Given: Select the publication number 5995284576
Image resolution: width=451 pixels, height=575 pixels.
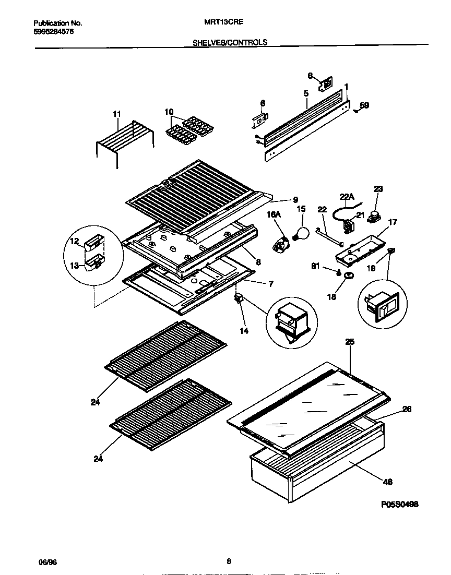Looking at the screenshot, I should (x=53, y=31).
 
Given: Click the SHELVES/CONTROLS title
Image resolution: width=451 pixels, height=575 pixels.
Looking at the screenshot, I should (x=230, y=42).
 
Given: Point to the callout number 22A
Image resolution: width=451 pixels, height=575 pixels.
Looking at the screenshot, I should (x=347, y=196).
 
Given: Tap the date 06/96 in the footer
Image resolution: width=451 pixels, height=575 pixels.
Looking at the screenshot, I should (x=47, y=561).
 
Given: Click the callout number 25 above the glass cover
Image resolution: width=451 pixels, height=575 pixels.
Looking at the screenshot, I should (x=349, y=342).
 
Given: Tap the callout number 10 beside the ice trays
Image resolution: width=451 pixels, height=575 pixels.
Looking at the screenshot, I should (x=169, y=112).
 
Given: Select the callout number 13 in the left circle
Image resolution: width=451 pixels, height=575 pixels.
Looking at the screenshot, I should (x=75, y=265).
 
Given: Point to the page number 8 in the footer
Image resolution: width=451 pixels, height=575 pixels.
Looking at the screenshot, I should (x=229, y=561).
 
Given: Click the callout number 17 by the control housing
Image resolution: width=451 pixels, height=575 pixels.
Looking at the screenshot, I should (x=393, y=222).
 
